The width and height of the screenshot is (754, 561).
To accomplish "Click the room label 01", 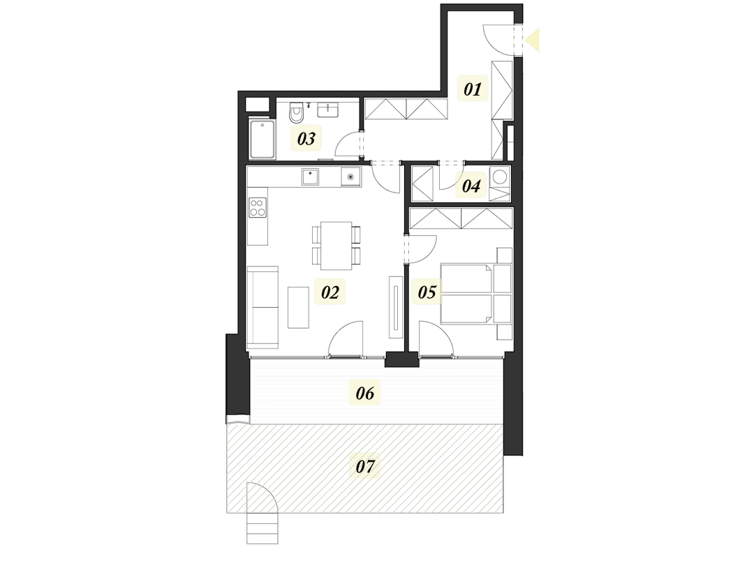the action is pos(473,89).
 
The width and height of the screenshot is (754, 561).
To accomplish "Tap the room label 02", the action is pos(330,292).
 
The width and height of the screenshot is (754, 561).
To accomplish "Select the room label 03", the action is pos(306,139).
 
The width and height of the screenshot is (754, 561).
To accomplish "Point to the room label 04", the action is pos(471,186).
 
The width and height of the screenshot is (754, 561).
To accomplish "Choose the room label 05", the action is pos(427,292).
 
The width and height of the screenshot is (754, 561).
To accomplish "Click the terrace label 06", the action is pos(365,394).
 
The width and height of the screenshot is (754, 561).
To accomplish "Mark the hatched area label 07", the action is pos(365,466).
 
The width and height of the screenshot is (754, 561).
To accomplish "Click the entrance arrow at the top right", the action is pos(532,40).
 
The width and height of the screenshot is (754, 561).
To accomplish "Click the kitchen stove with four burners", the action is pos(258,207).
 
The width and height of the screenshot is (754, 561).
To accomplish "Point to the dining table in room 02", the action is pos(337,245).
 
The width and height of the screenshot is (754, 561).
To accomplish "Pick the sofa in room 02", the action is pos(263,307).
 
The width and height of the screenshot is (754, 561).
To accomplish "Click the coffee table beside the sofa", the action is pos(299,307).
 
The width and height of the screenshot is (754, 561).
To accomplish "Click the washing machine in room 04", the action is pos(500,177).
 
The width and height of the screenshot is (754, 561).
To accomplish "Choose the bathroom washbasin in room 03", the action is pos(327,110).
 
